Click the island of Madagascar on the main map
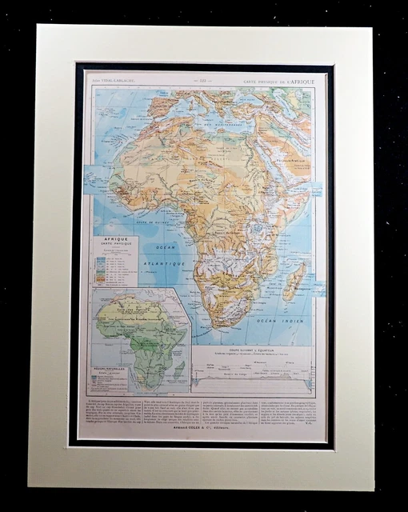[294, 281]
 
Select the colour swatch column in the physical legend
[102, 269]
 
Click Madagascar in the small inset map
[181, 367]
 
